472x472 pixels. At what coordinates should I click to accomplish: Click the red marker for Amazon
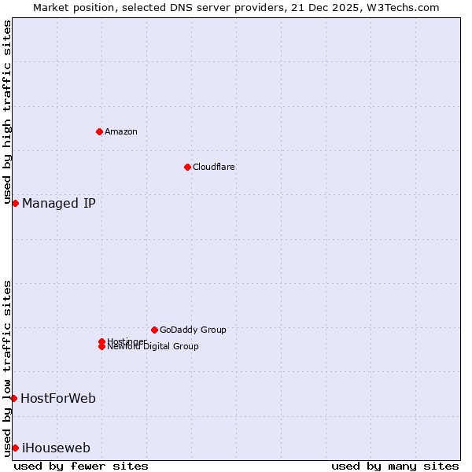tap(99, 131)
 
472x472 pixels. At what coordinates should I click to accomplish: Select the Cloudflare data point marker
tap(187, 167)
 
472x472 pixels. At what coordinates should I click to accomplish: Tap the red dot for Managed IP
tap(15, 204)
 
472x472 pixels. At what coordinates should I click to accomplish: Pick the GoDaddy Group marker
tap(154, 330)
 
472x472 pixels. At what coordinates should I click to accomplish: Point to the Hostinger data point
tap(101, 341)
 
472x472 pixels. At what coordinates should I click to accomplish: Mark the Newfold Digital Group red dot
tap(101, 347)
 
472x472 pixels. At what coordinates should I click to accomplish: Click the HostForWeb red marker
tap(13, 398)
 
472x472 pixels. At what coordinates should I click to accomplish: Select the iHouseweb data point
tap(15, 448)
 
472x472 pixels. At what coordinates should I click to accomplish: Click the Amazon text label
tap(121, 131)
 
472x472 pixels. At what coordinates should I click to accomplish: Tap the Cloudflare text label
tap(214, 167)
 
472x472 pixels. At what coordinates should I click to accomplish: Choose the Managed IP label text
tap(59, 204)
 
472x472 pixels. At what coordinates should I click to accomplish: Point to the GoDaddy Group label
tap(193, 330)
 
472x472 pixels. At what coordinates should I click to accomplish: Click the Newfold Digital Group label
tap(153, 347)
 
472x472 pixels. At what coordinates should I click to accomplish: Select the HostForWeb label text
tap(58, 398)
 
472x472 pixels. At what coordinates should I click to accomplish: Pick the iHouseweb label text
tap(56, 448)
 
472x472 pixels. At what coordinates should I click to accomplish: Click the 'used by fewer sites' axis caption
tap(81, 466)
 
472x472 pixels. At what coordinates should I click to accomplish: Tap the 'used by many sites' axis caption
tap(395, 466)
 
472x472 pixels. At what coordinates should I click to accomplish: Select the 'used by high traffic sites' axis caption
tap(7, 112)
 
